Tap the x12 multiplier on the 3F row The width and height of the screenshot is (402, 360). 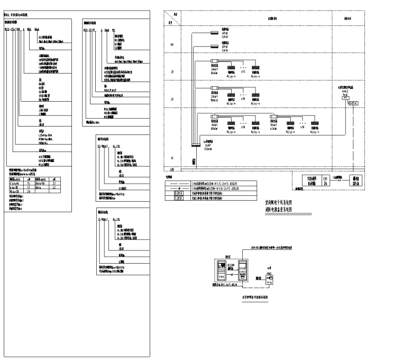tap(243, 70)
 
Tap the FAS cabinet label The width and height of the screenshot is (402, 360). tap(221, 276)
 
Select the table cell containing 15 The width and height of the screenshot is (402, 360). tap(28, 182)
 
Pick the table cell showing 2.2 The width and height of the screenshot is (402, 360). tap(54, 186)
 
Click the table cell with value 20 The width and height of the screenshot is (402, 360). tap(28, 191)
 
